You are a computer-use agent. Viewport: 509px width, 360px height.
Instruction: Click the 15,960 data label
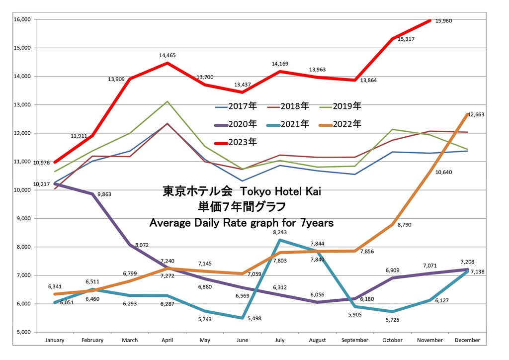[443, 21]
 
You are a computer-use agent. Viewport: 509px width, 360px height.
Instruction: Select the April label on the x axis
[168, 341]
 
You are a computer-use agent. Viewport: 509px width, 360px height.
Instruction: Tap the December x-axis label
[467, 341]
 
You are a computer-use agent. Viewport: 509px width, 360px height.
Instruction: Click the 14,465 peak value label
[168, 55]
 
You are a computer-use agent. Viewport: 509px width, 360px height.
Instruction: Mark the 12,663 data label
[476, 114]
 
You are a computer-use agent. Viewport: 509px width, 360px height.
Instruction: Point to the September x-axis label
[354, 341]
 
